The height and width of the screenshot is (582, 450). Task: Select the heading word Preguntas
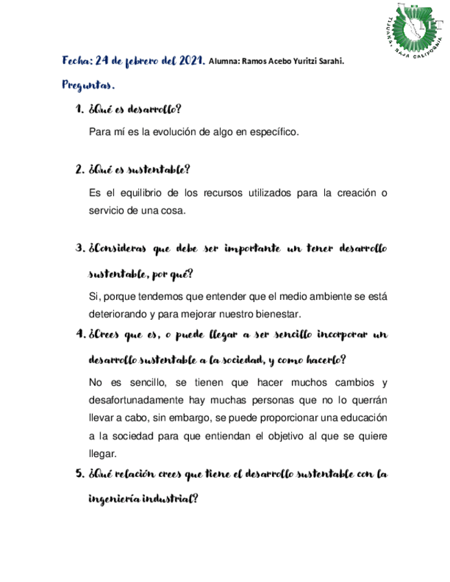pyautogui.click(x=87, y=86)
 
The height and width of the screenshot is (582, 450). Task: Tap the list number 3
pyautogui.click(x=78, y=248)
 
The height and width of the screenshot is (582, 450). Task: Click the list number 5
pyautogui.click(x=78, y=474)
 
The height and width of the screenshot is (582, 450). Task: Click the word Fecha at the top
pyautogui.click(x=76, y=61)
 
